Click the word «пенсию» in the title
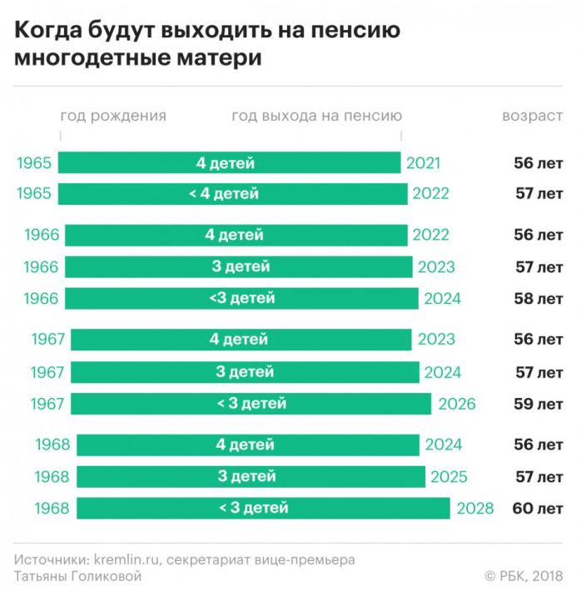pyautogui.click(x=355, y=30)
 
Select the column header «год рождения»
pyautogui.click(x=113, y=116)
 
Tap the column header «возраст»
pyautogui.click(x=533, y=116)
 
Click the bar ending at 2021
pyautogui.click(x=229, y=163)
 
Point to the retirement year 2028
pyautogui.click(x=475, y=508)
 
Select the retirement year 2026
pyautogui.click(x=457, y=404)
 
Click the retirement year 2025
pyautogui.click(x=449, y=477)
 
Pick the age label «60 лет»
pyautogui.click(x=538, y=508)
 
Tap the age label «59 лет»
pyautogui.click(x=539, y=404)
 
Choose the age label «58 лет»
pyautogui.click(x=539, y=299)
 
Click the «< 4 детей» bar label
pyautogui.click(x=224, y=194)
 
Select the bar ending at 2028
pyautogui.click(x=263, y=508)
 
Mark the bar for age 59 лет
pyautogui.click(x=251, y=404)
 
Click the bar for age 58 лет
pyautogui.click(x=241, y=299)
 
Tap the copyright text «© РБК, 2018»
pyautogui.click(x=524, y=575)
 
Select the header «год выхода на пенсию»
pyautogui.click(x=316, y=116)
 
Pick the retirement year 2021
pyautogui.click(x=423, y=163)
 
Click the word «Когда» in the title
pyautogui.click(x=48, y=30)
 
